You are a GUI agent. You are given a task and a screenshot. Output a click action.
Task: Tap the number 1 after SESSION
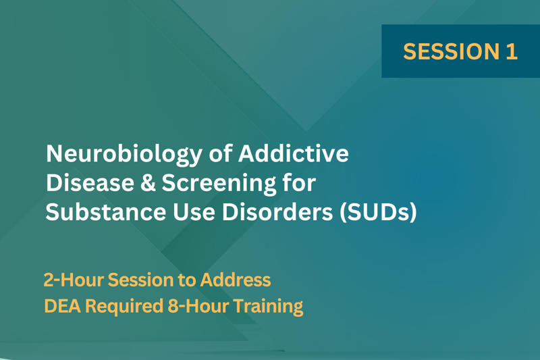(x=512, y=51)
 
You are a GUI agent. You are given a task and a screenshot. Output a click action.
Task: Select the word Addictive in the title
(x=294, y=153)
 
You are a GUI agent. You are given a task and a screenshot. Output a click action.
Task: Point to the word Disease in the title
(x=90, y=182)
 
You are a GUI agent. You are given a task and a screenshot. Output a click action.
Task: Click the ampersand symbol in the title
(x=148, y=182)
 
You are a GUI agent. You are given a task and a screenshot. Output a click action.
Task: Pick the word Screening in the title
(x=219, y=184)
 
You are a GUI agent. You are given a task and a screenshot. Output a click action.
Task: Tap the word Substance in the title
(x=106, y=211)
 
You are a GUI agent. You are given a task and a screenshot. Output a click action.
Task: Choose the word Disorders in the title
(x=277, y=211)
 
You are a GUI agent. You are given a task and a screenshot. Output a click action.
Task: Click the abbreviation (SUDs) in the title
(x=378, y=212)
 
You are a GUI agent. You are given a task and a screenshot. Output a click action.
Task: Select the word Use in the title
(x=194, y=212)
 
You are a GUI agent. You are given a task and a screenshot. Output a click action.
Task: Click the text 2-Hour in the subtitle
(x=74, y=280)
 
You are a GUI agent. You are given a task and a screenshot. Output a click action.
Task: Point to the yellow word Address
(x=236, y=280)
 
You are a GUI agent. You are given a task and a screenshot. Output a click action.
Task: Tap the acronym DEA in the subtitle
(x=62, y=306)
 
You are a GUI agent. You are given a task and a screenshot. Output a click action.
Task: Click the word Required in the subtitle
(x=124, y=307)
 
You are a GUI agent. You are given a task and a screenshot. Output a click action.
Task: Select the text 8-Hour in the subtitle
(x=198, y=306)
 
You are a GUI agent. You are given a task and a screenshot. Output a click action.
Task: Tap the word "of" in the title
(x=221, y=153)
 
